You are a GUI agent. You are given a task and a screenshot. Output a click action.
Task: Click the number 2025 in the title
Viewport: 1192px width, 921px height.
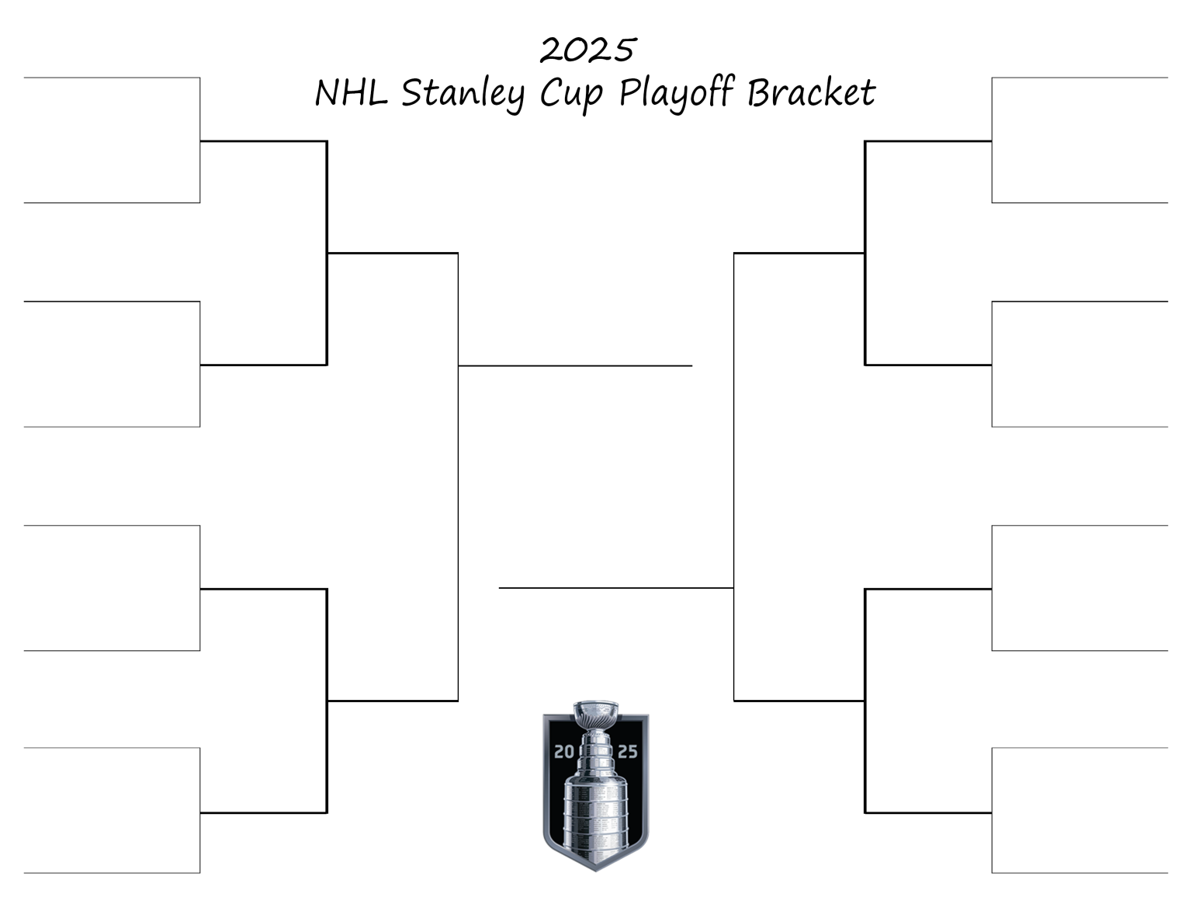click(587, 50)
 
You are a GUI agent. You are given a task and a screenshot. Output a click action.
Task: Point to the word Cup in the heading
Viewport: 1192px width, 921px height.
click(570, 93)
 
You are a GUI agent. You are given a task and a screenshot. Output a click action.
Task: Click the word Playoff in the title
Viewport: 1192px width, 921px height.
click(676, 93)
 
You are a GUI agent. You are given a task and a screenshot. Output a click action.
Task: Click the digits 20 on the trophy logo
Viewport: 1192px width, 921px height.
click(563, 751)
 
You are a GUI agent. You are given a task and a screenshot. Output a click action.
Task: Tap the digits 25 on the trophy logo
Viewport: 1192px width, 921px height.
click(627, 751)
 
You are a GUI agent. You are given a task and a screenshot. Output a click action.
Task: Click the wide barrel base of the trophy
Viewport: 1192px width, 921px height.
click(595, 811)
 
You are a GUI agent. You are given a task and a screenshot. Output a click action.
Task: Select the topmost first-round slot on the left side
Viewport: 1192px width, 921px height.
click(112, 140)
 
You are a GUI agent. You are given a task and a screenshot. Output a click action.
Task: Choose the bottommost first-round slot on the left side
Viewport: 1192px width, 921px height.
click(112, 811)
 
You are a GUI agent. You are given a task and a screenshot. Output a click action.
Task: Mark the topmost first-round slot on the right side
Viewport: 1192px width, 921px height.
click(1079, 140)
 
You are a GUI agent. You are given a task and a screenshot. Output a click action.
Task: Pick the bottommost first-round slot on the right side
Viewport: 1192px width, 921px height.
click(1079, 811)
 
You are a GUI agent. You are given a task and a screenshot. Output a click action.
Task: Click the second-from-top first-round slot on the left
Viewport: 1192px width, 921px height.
click(112, 364)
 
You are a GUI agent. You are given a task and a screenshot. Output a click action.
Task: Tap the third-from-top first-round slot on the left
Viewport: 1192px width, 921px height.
click(112, 588)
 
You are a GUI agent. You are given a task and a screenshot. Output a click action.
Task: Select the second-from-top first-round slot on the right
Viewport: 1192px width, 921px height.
click(1079, 364)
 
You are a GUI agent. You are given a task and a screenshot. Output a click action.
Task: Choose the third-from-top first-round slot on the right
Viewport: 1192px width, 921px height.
click(1079, 588)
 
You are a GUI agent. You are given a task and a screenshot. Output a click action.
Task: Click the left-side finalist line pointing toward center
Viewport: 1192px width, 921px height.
click(575, 365)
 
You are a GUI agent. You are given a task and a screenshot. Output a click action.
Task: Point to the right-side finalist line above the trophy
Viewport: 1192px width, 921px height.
click(616, 588)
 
